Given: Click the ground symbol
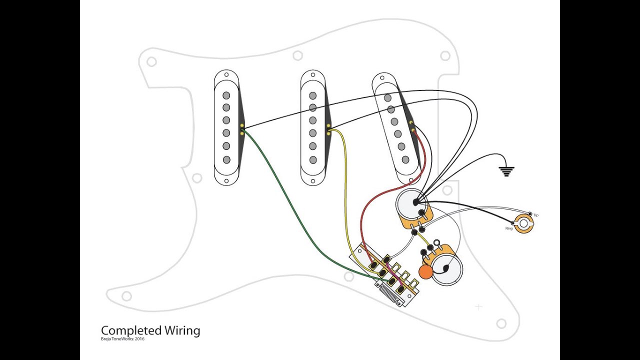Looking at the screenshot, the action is (506, 171).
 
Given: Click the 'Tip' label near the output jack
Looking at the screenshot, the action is (535, 215).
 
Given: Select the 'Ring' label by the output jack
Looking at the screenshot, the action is (509, 228).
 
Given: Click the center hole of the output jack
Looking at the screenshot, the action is (523, 223).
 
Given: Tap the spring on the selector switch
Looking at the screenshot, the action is (387, 294).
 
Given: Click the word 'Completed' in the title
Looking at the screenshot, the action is (131, 330).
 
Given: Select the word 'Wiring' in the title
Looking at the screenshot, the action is (182, 330).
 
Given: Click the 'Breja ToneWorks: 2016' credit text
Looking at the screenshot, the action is (122, 339).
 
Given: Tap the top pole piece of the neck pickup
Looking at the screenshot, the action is (226, 95).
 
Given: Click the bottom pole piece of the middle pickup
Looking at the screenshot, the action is (313, 159).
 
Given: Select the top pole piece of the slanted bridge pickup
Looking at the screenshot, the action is (387, 97).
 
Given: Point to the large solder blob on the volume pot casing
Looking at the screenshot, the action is (415, 202).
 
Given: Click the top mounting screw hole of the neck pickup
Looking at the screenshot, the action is (226, 74).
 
